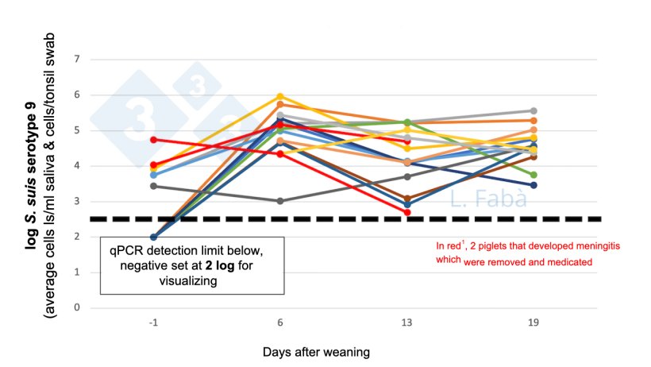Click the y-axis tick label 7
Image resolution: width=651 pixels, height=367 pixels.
point(77,60)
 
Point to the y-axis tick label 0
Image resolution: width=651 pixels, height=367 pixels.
point(77,307)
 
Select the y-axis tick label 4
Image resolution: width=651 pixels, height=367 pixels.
point(77,166)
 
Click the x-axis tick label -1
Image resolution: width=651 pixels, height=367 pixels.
point(152,323)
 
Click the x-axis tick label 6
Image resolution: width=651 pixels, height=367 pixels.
point(279,323)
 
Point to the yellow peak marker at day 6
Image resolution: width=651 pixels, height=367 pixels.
point(279,97)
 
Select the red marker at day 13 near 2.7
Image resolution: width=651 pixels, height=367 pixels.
point(406,212)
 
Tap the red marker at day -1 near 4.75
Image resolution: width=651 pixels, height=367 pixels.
point(152,140)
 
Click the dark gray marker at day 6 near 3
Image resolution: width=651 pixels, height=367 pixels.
point(279,201)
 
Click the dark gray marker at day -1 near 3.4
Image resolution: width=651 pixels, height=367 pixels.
point(152,186)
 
